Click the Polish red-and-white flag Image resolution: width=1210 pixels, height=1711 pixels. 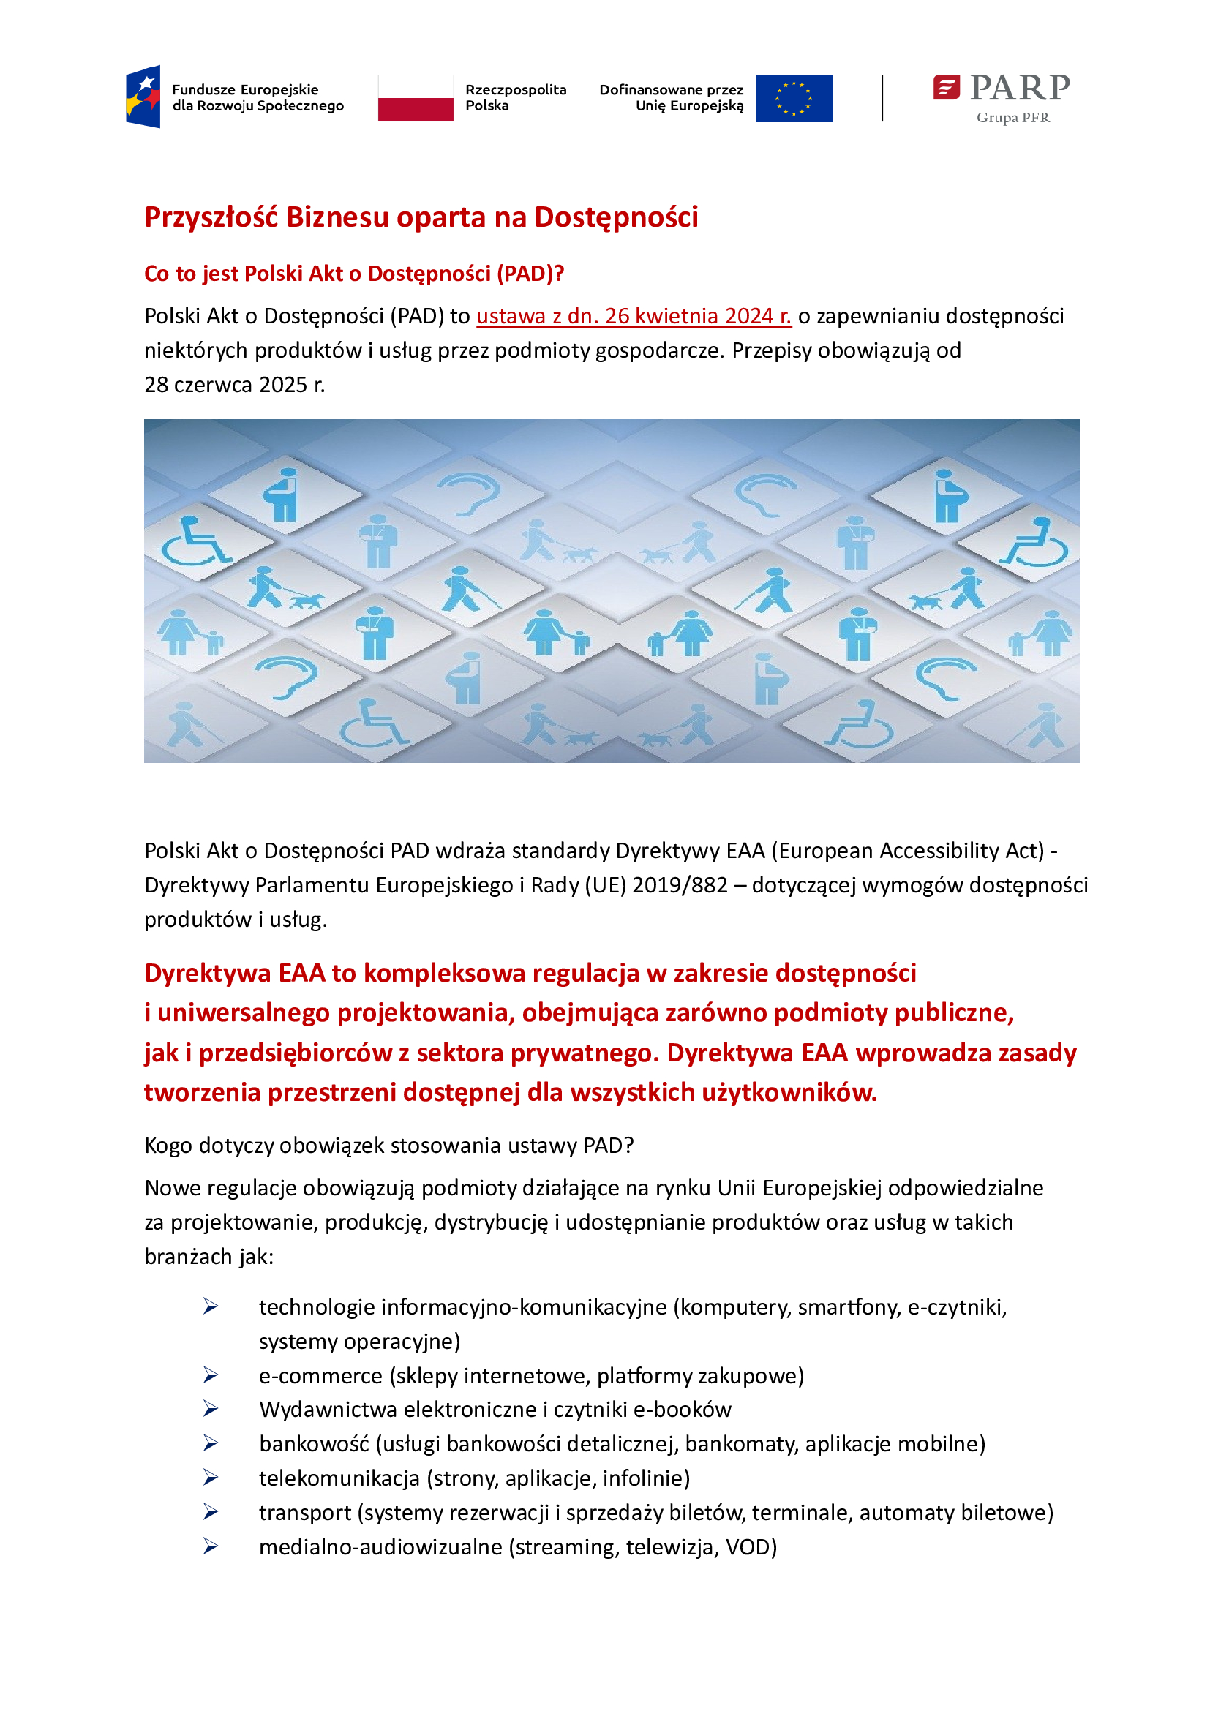(x=416, y=97)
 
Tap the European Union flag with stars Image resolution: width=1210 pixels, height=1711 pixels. (x=793, y=97)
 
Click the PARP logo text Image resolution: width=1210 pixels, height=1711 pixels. (x=1018, y=88)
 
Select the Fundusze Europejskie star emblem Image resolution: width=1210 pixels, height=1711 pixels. (x=144, y=96)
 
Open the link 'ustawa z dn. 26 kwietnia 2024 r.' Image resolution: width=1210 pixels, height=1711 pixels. (x=634, y=316)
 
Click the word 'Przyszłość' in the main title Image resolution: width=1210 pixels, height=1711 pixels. (x=211, y=217)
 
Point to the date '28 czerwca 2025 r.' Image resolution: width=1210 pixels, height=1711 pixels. (x=235, y=385)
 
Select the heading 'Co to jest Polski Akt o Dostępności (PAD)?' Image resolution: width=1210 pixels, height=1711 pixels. (x=354, y=274)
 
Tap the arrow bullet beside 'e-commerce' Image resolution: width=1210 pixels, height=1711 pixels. (x=211, y=1375)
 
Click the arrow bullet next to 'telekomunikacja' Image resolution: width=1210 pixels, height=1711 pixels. (x=211, y=1478)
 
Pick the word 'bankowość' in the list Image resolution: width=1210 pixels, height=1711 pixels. (x=314, y=1443)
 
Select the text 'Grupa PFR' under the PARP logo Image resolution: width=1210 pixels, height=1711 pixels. (x=1012, y=118)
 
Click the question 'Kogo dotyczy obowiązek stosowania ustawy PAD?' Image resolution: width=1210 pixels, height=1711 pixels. (x=389, y=1145)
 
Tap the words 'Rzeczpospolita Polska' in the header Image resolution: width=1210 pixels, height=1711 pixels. (x=515, y=97)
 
